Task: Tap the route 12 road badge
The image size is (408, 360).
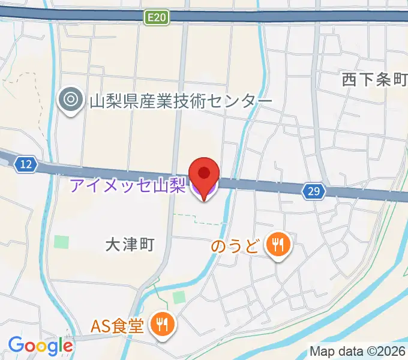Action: (25, 163)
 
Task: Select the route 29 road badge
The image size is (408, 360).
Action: (314, 191)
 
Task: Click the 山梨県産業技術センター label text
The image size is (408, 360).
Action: (181, 101)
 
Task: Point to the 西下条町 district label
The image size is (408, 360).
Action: (375, 80)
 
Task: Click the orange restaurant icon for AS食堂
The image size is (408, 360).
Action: (162, 325)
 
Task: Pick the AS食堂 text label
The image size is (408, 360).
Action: (117, 326)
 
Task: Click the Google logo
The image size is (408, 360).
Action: (40, 345)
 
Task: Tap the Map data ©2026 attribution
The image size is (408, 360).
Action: (356, 350)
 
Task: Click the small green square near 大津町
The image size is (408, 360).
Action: (61, 242)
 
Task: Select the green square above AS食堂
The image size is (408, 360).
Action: (179, 297)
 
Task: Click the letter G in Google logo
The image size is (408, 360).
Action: (16, 345)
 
